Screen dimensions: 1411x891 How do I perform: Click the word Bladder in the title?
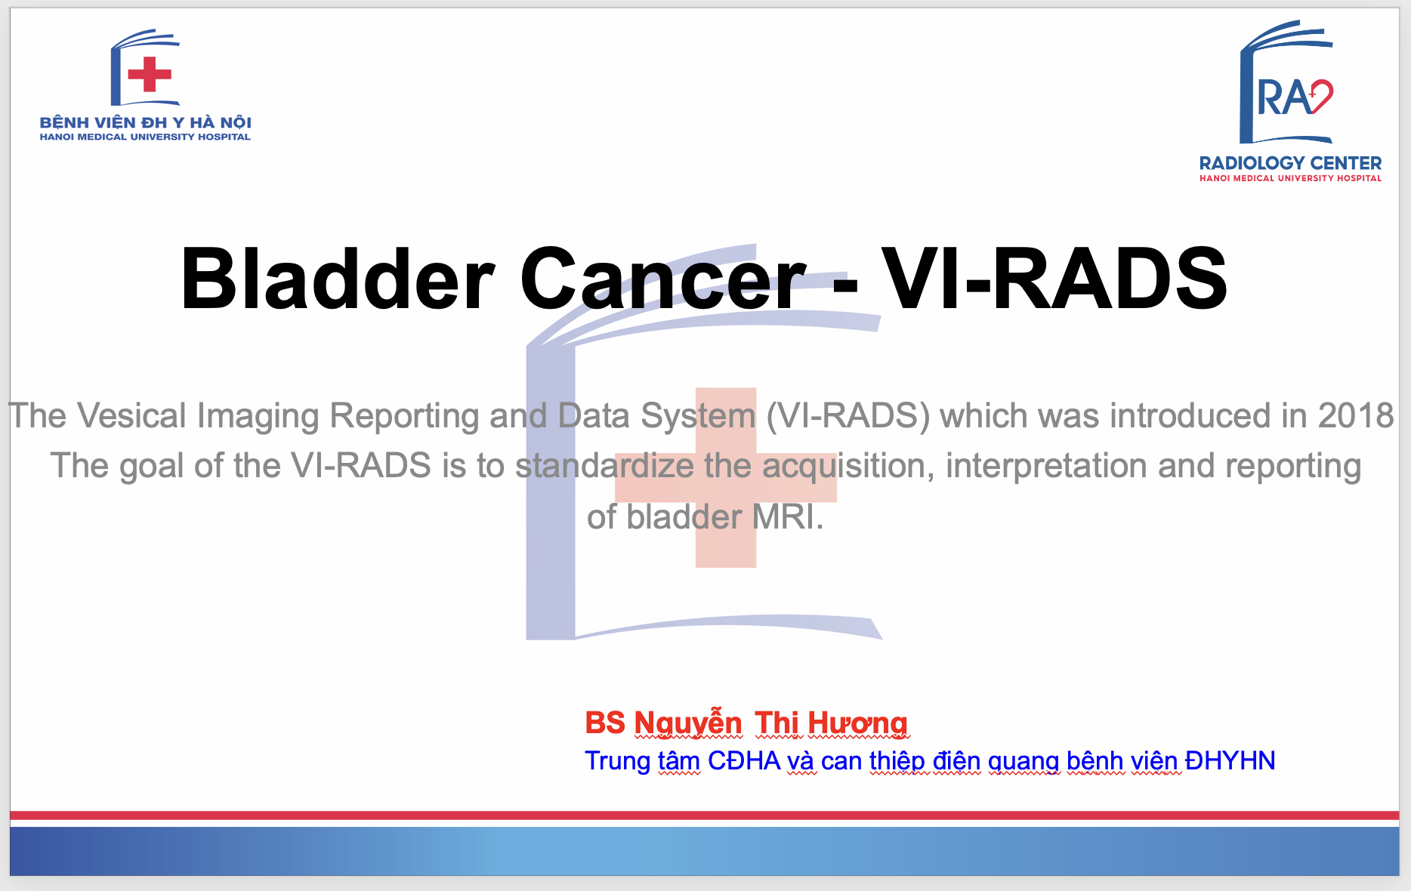(x=338, y=279)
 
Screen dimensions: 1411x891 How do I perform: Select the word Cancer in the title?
(x=663, y=279)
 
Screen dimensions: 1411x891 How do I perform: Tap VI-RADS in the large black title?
(x=1054, y=279)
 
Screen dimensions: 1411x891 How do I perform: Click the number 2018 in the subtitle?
(x=1356, y=416)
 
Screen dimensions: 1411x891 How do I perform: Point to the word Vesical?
(x=131, y=416)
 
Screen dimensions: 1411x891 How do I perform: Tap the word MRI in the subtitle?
(x=777, y=517)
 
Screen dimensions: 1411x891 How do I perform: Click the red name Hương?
(x=858, y=723)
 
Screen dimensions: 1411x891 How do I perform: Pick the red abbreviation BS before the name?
(x=605, y=723)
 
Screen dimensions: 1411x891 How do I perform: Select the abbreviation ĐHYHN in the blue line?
(x=1230, y=760)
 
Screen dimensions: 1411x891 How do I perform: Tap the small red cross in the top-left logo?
(x=150, y=74)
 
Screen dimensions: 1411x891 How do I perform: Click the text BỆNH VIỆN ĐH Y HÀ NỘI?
(x=146, y=122)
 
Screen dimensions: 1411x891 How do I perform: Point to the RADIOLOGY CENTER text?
(x=1290, y=163)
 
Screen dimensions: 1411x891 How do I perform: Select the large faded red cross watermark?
(x=726, y=477)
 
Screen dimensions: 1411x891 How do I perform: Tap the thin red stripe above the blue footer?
(x=705, y=815)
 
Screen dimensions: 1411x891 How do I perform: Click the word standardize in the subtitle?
(x=605, y=466)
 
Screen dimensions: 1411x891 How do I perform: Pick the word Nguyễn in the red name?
(x=688, y=723)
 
